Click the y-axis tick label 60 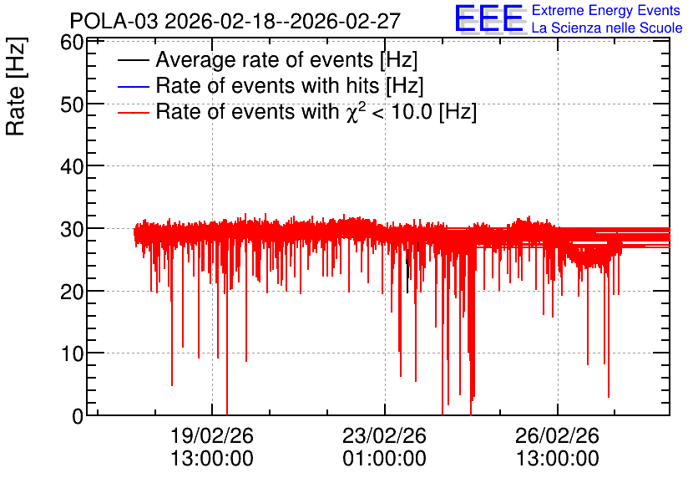pos(72,43)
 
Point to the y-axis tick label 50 pos(72,105)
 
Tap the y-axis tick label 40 pos(72,167)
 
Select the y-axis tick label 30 pos(72,230)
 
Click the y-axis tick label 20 pos(72,292)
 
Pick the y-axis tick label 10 pos(72,354)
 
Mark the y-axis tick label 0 pos(78,416)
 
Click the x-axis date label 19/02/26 pos(212,435)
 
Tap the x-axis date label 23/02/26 pos(385,435)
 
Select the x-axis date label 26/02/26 pos(558,435)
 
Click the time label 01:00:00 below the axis pos(385,459)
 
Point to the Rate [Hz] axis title pos(16,86)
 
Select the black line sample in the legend pos(133,60)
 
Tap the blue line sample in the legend pos(133,86)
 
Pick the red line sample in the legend pos(133,113)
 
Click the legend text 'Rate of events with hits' pos(268,85)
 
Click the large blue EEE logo pos(489,19)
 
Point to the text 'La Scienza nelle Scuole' pos(607,28)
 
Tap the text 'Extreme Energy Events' pos(606,10)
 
